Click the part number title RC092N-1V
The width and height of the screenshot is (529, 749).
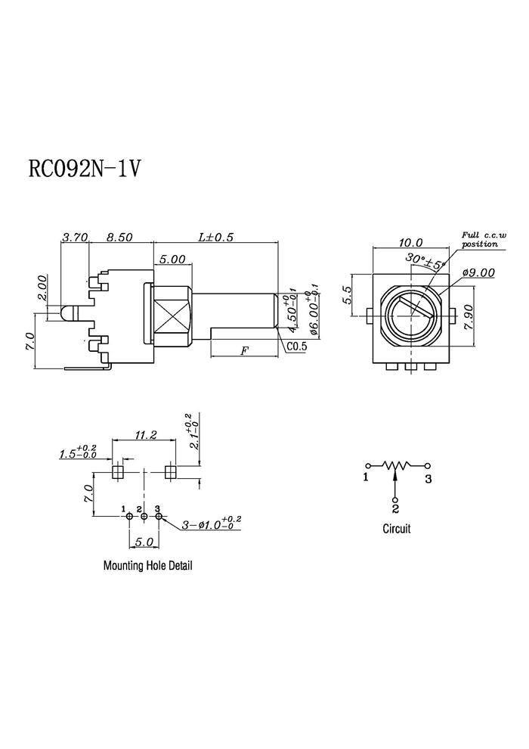pyautogui.click(x=85, y=168)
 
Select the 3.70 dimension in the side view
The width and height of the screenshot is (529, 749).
pyautogui.click(x=76, y=237)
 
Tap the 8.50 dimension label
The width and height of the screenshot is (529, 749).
pyautogui.click(x=119, y=237)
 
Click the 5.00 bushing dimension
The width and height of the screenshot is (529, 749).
pyautogui.click(x=172, y=259)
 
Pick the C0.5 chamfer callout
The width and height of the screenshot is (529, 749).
pyautogui.click(x=297, y=347)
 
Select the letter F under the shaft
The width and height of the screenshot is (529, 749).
pyautogui.click(x=244, y=351)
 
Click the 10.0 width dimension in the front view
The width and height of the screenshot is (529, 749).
pyautogui.click(x=410, y=243)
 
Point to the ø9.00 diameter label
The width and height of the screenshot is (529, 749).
pyautogui.click(x=478, y=273)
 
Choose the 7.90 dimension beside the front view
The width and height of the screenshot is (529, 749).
pyautogui.click(x=468, y=317)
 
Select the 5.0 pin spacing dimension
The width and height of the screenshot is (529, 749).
pyautogui.click(x=144, y=542)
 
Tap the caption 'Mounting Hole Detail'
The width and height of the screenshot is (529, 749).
pyautogui.click(x=148, y=566)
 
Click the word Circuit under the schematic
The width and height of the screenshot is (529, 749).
pyautogui.click(x=397, y=528)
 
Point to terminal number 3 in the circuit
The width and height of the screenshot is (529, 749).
pyautogui.click(x=428, y=478)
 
